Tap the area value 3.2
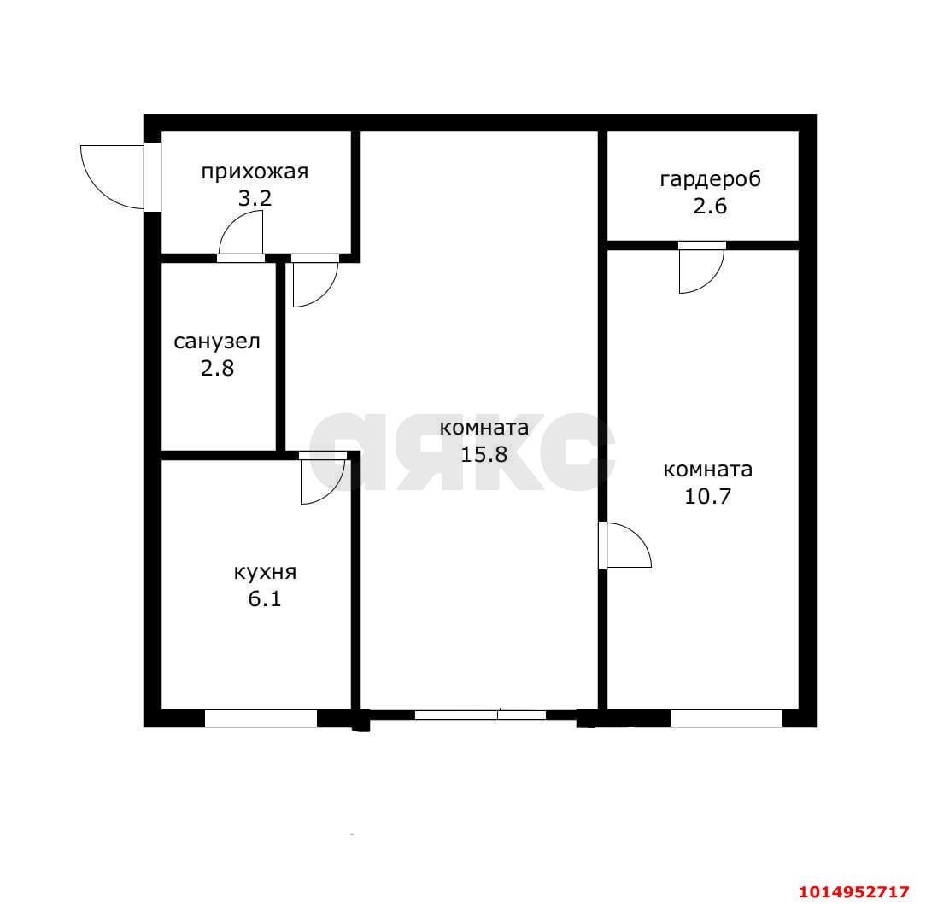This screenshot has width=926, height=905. click(255, 200)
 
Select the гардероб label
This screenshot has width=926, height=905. click(710, 179)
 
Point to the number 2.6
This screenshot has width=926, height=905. click(710, 206)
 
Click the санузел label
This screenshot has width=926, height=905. click(217, 342)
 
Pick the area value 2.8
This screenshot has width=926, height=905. click(217, 369)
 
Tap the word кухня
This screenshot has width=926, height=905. click(264, 572)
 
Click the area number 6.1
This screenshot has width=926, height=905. click(264, 598)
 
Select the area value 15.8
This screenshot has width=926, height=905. click(484, 454)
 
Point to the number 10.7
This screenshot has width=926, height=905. click(708, 496)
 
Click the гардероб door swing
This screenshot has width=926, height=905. click(700, 270)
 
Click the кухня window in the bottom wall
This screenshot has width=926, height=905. click(261, 718)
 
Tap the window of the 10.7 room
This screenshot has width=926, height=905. click(726, 718)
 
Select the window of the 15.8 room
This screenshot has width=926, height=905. click(479, 715)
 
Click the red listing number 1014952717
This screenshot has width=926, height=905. click(853, 891)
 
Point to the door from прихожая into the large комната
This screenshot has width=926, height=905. click(314, 282)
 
